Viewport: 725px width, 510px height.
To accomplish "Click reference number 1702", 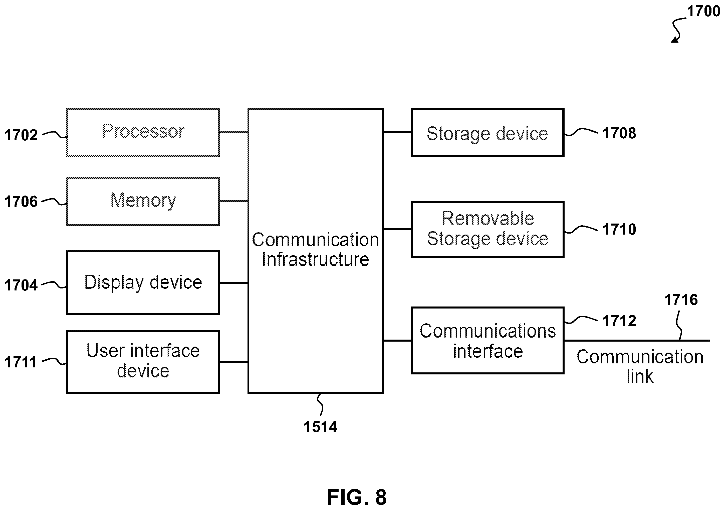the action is [x=21, y=135].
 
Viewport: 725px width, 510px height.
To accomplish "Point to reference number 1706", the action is [x=21, y=201].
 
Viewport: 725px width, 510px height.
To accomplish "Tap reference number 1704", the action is [x=21, y=285].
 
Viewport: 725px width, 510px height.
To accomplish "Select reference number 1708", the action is [x=619, y=133].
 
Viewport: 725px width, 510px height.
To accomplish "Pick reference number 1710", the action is [x=619, y=229].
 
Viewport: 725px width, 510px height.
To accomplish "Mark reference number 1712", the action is [x=619, y=321].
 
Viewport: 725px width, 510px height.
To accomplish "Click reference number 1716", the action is [x=681, y=300].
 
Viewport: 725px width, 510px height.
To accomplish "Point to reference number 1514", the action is [x=320, y=427].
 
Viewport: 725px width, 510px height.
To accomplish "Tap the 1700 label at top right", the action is [x=703, y=11].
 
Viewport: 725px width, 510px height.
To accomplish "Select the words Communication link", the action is [x=640, y=366].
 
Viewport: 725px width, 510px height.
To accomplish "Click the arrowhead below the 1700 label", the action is [x=675, y=40].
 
